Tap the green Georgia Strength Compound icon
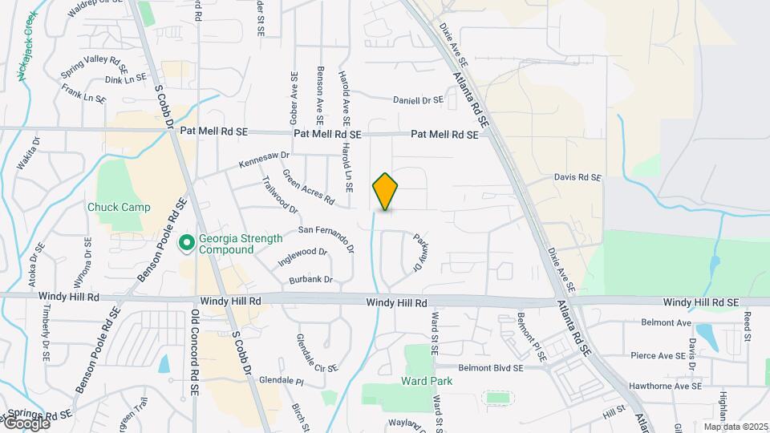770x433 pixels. pos(187,241)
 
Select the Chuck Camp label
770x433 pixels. pos(119,207)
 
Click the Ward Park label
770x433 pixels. pos(428,381)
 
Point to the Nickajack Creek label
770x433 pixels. pos(24,46)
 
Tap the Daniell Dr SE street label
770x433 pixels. pos(418,100)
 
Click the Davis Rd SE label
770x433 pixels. pos(577,176)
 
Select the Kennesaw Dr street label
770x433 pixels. pos(263,158)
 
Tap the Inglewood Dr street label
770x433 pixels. pos(302,257)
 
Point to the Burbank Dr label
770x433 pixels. pos(311,279)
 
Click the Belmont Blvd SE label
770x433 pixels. pos(491,367)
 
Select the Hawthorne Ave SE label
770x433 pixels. pos(666,386)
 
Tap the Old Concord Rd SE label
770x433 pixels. pos(195,353)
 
